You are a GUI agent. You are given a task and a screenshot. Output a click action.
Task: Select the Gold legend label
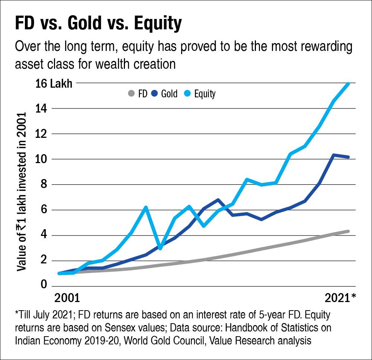pos(169,94)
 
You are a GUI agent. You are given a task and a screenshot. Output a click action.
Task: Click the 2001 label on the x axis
pos(67,299)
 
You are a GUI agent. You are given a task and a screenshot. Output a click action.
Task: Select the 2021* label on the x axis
pos(341,299)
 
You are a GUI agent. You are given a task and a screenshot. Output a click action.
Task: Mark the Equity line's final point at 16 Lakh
pos(348,84)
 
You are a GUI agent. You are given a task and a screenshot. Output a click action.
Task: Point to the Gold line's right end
pos(348,157)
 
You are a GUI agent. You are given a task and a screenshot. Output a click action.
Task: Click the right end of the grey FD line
pos(348,231)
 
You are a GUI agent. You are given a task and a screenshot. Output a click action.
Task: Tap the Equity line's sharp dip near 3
pos(160,248)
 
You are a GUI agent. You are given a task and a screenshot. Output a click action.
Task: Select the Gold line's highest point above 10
pos(334,155)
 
